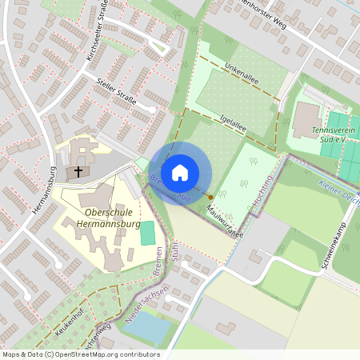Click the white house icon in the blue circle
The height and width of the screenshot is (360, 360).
[180, 172]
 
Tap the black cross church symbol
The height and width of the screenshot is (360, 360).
[78, 170]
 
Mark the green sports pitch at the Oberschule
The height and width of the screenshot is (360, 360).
[146, 234]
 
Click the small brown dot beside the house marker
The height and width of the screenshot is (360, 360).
[211, 196]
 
